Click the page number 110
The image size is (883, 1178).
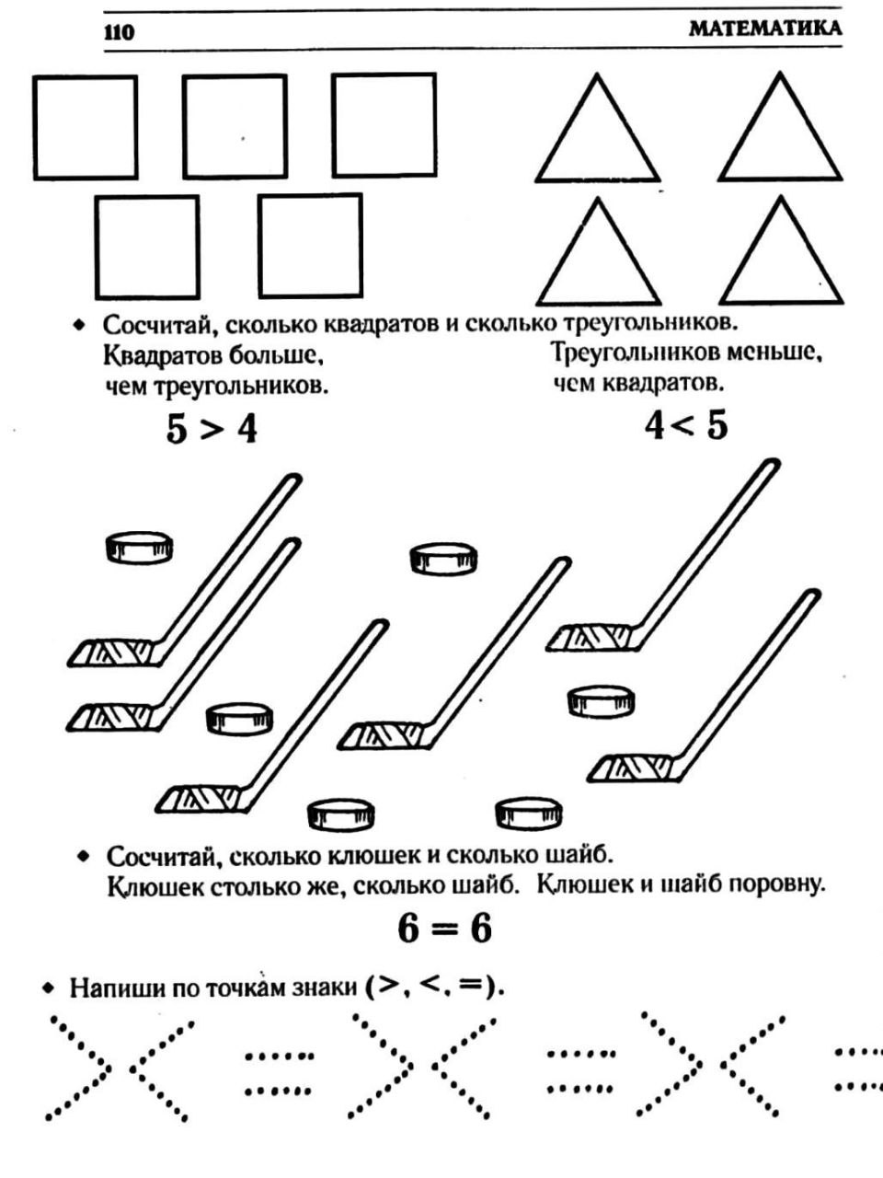[119, 33]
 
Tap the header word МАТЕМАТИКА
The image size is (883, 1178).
[765, 29]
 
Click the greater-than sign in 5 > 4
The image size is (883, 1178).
[211, 431]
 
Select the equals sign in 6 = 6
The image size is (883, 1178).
[444, 930]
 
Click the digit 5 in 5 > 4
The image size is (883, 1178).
[177, 430]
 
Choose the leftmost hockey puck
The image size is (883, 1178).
[140, 548]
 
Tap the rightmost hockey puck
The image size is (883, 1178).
[601, 702]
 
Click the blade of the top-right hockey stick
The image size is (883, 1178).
[590, 638]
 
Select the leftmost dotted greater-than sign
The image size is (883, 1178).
[79, 1067]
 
